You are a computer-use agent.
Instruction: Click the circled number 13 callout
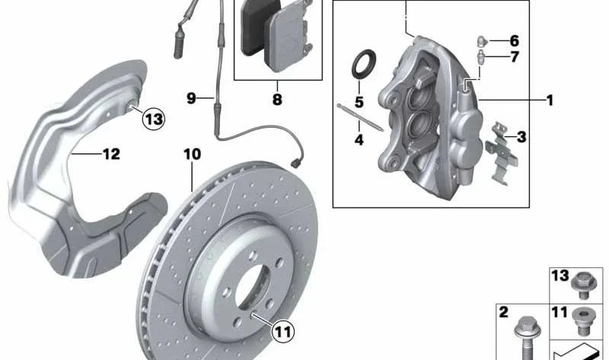tap(154, 119)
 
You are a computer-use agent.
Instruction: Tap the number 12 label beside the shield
tap(111, 155)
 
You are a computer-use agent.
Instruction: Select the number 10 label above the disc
tap(193, 155)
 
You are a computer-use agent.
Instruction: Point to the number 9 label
tap(191, 98)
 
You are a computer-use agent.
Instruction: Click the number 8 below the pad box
tap(277, 100)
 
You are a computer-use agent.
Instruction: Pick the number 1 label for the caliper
tap(550, 100)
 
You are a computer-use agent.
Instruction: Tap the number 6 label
tap(515, 40)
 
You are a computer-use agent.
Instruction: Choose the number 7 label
tap(515, 57)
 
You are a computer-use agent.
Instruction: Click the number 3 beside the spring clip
tap(521, 137)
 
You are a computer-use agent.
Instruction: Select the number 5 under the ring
tap(359, 102)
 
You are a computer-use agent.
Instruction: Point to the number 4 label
tap(359, 139)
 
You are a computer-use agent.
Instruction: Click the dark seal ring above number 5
tap(364, 64)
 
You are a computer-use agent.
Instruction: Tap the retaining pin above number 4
tap(360, 117)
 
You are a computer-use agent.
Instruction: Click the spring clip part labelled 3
tap(502, 154)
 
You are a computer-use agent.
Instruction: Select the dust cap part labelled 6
tap(483, 40)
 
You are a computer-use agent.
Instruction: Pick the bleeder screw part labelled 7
tap(482, 56)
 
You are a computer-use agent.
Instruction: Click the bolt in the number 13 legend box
tap(582, 285)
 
